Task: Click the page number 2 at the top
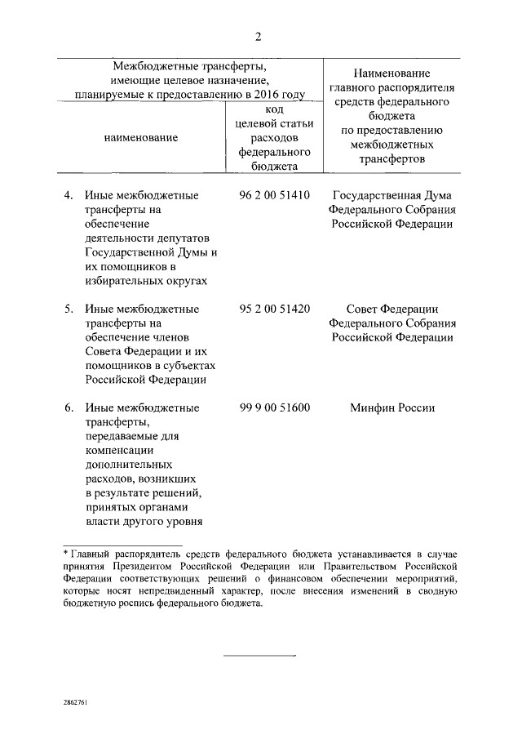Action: pos(259,36)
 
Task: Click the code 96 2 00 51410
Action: pos(275,196)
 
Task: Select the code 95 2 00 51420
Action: pos(275,309)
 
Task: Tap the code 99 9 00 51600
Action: pos(275,407)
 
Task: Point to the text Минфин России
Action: pos(392,407)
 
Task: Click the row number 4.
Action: pos(69,196)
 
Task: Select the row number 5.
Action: pos(69,309)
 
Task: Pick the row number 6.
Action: pos(69,407)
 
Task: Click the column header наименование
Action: pos(141,138)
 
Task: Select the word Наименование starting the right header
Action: pos(392,73)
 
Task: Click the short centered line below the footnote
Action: pos(259,655)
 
